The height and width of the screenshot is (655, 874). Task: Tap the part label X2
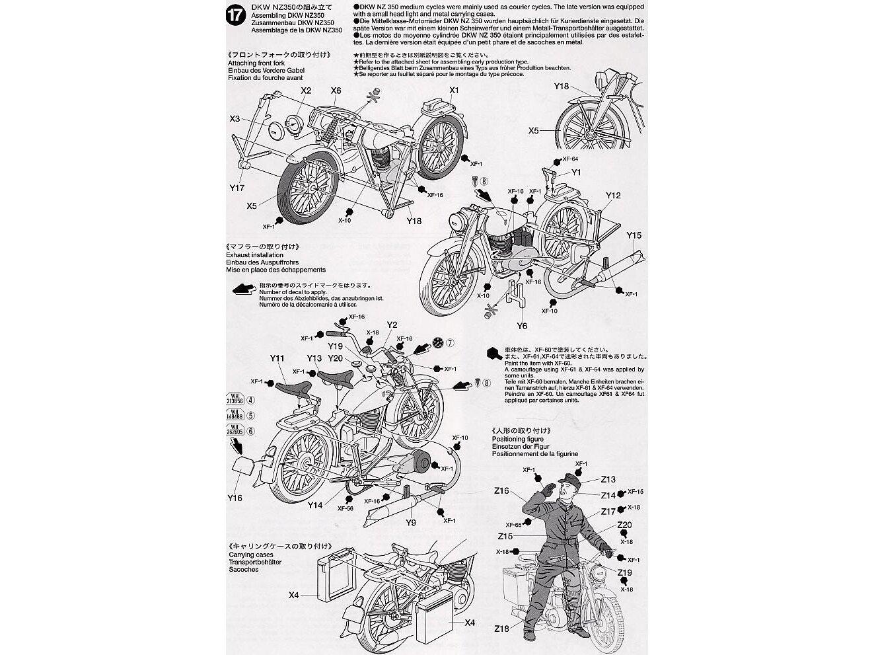pyautogui.click(x=306, y=91)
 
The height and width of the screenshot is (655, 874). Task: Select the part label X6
pyautogui.click(x=336, y=91)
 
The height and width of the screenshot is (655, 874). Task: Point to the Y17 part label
pyautogui.click(x=238, y=188)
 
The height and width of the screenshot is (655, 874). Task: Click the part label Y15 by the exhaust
pyautogui.click(x=634, y=235)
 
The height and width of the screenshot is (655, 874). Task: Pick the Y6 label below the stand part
pyautogui.click(x=522, y=325)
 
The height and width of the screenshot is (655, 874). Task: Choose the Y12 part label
pyautogui.click(x=613, y=196)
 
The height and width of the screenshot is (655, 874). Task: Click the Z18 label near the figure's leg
pyautogui.click(x=501, y=628)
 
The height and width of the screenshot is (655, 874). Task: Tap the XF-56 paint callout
pyautogui.click(x=346, y=508)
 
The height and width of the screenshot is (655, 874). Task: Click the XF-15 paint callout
pyautogui.click(x=636, y=492)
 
